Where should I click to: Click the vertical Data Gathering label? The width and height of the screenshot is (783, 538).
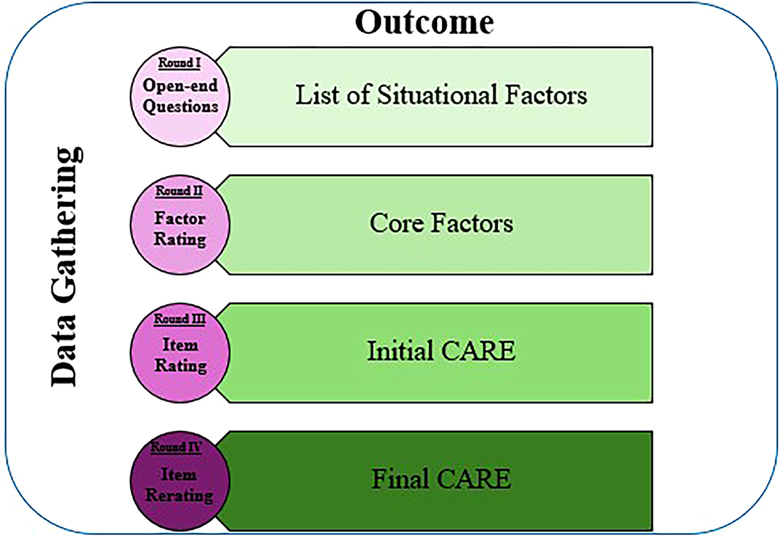67,268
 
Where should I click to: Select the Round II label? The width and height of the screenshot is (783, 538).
179,191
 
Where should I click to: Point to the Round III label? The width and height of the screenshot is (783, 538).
179,319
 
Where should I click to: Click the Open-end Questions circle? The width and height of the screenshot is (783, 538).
180,97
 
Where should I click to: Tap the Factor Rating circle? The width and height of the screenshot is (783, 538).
180,225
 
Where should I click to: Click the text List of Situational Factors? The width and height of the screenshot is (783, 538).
441,95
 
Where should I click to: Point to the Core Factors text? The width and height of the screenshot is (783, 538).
441,223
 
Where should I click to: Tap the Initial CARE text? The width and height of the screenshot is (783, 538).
441,351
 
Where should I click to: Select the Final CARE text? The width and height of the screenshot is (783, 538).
441,479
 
